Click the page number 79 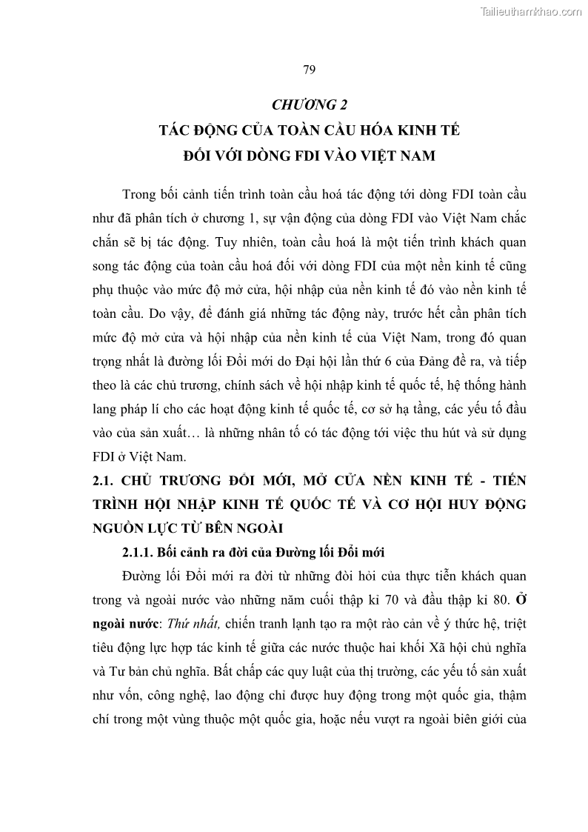click(310, 70)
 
